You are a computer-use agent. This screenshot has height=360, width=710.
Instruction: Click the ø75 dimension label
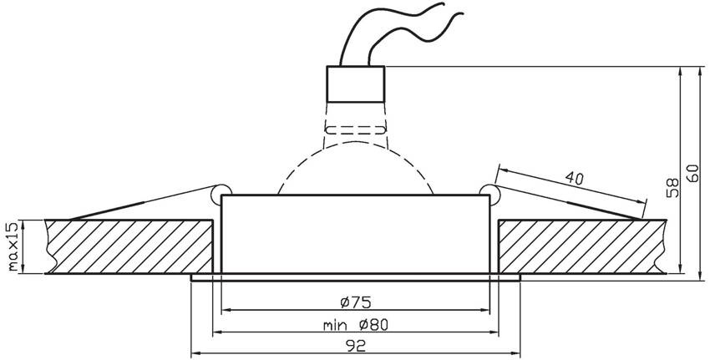(x=356, y=302)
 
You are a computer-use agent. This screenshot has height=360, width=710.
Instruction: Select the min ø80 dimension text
(x=356, y=325)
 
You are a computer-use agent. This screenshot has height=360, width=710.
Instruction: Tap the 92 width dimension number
(x=356, y=346)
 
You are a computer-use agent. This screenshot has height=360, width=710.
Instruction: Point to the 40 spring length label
(x=574, y=179)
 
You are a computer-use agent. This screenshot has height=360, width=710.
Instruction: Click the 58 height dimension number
(x=673, y=187)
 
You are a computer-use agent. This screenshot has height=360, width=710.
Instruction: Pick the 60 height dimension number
(x=693, y=173)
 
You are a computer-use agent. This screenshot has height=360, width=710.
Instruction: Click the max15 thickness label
(x=14, y=246)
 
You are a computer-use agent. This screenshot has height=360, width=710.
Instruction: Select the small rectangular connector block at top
(x=356, y=84)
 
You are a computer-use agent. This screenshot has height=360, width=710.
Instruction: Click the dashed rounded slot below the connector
(x=356, y=130)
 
